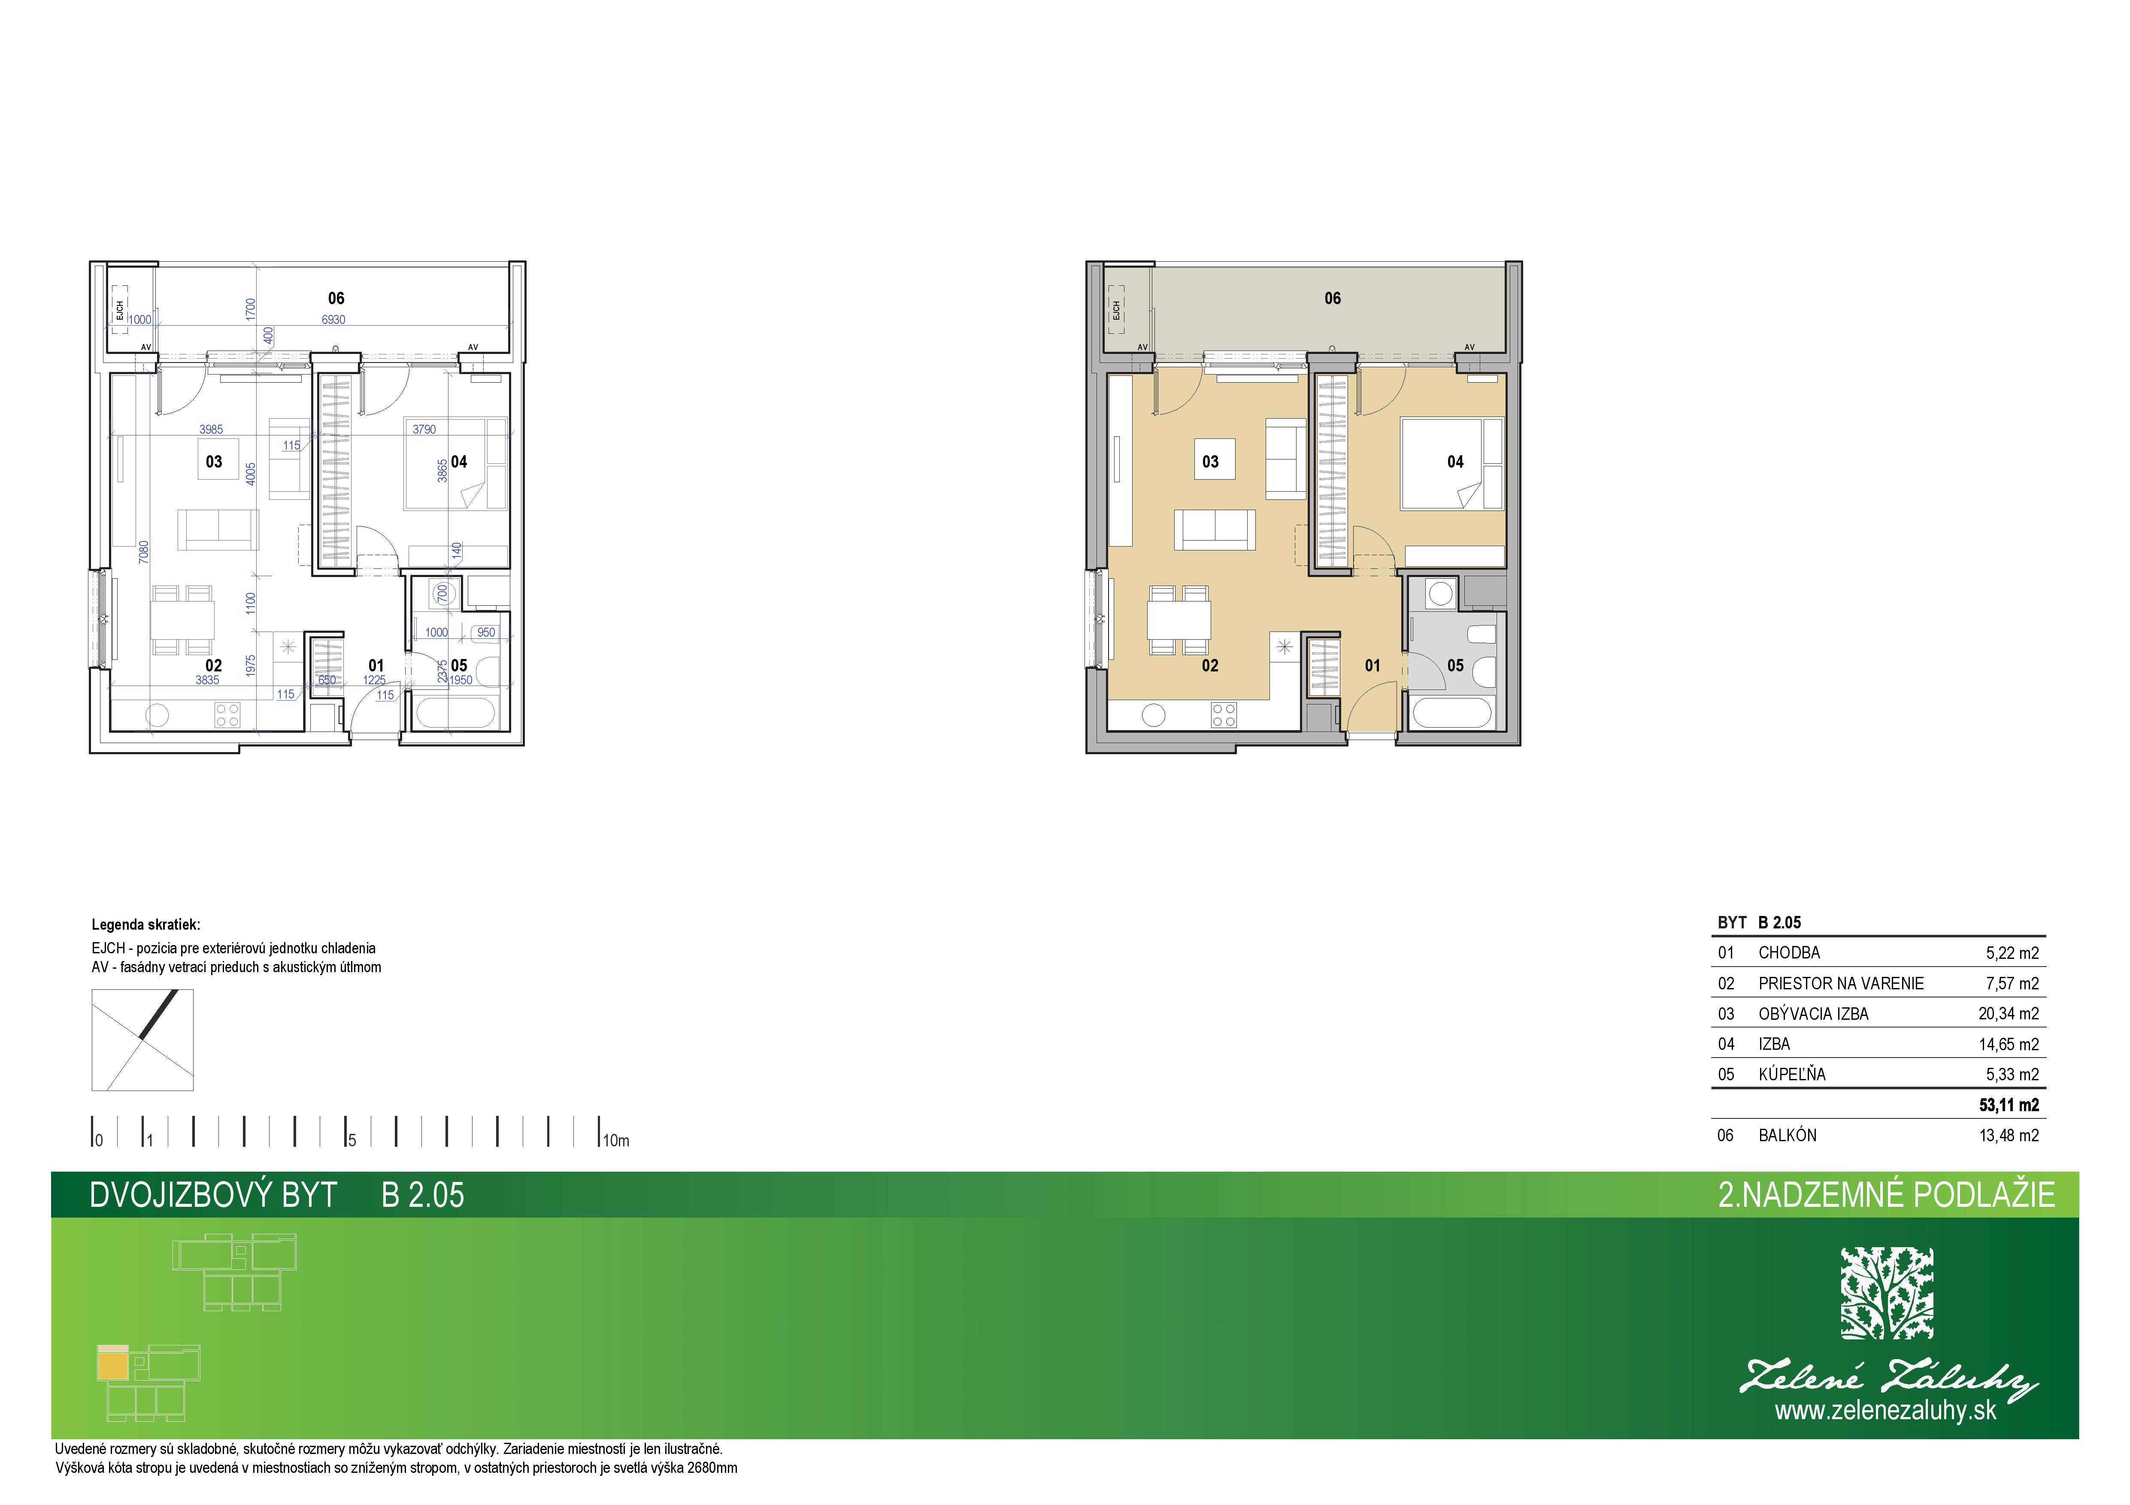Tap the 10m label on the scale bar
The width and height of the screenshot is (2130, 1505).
pos(616,1141)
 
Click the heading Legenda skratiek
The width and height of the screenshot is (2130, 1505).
pos(145,925)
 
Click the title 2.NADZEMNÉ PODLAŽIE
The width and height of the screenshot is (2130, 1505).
pos(1887,1194)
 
